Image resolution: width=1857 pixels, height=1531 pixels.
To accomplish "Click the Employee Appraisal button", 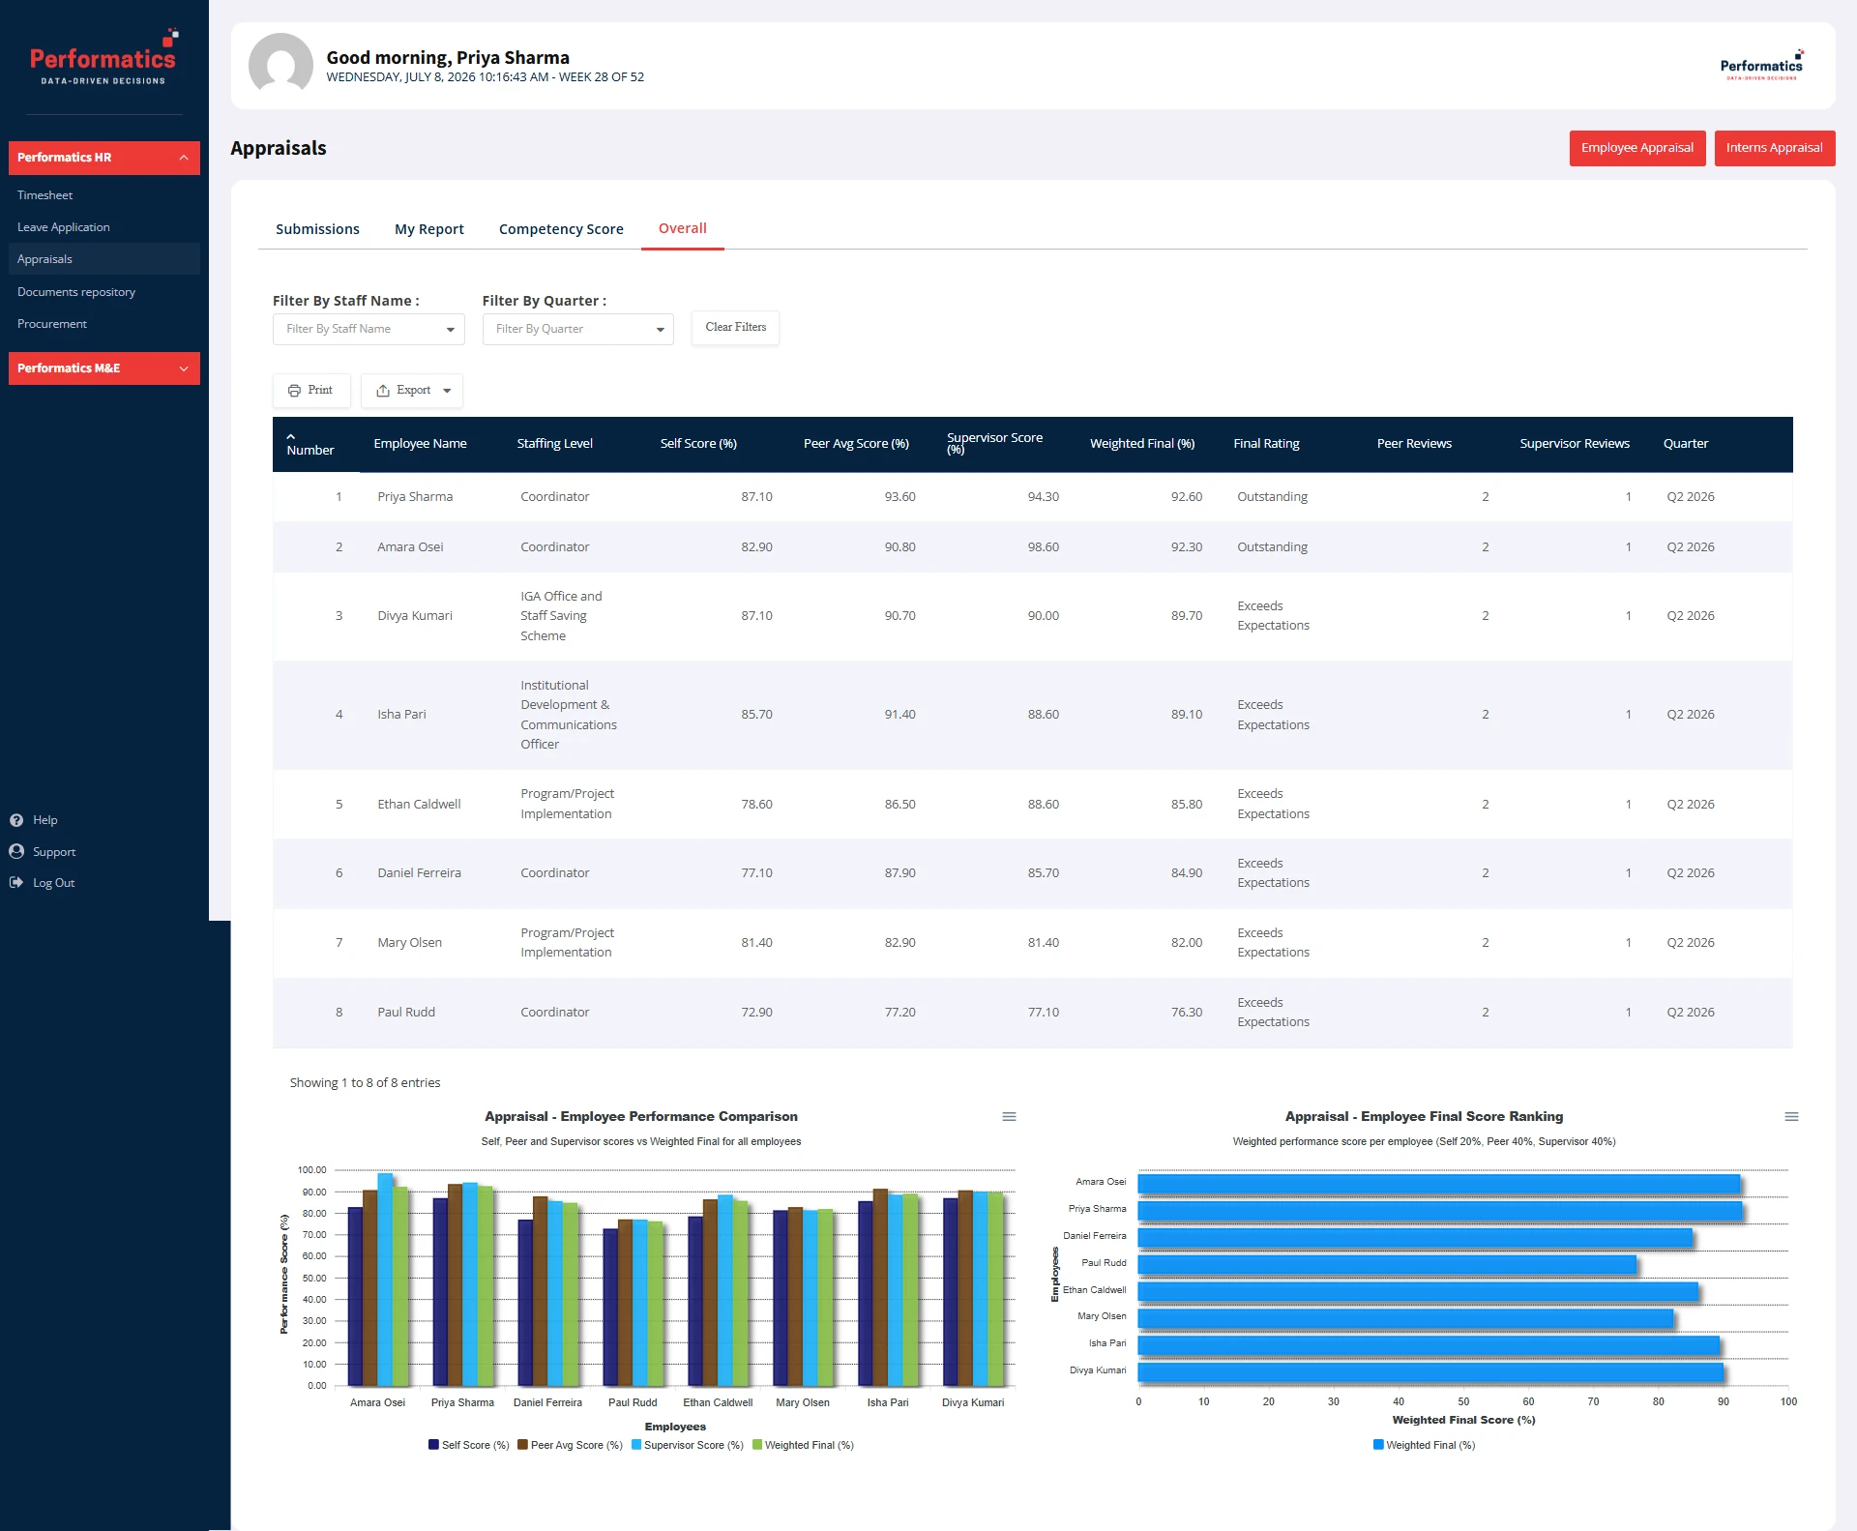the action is [1636, 148].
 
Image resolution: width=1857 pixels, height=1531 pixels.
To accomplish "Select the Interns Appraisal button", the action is [1774, 148].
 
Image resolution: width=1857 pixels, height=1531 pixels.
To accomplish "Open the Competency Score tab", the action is [561, 229].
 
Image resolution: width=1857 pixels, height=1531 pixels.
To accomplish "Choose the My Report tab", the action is [429, 229].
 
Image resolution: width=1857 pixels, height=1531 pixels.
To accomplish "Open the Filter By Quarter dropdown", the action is [578, 329].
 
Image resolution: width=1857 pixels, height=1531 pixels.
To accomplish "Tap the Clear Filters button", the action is [735, 328].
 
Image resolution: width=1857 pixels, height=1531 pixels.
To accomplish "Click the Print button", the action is [311, 391].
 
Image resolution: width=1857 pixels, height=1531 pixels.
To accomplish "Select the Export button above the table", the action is [412, 391].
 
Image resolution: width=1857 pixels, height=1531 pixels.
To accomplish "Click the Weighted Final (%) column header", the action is [1142, 444].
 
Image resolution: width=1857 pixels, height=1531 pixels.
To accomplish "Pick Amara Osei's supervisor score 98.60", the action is [1043, 547].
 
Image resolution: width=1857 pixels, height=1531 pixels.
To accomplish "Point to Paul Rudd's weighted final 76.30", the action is [1187, 1013].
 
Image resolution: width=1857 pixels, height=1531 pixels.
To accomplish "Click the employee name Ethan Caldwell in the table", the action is [419, 805].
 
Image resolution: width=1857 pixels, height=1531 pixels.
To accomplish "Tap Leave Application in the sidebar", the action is [64, 227].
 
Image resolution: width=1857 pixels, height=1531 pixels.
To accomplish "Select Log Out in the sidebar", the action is [53, 883].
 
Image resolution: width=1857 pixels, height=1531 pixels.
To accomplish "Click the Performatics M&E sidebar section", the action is [104, 368].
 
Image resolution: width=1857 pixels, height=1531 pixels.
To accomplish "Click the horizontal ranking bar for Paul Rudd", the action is [1387, 1264].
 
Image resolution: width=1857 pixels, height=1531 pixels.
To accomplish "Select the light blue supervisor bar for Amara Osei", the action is [385, 1280].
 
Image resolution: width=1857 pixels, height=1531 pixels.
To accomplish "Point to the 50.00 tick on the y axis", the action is [313, 1279].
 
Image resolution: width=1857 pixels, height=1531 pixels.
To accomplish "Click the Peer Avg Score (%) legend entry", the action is [570, 1446].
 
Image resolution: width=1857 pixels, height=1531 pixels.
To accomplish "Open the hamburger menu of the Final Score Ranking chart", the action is [1791, 1117].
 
